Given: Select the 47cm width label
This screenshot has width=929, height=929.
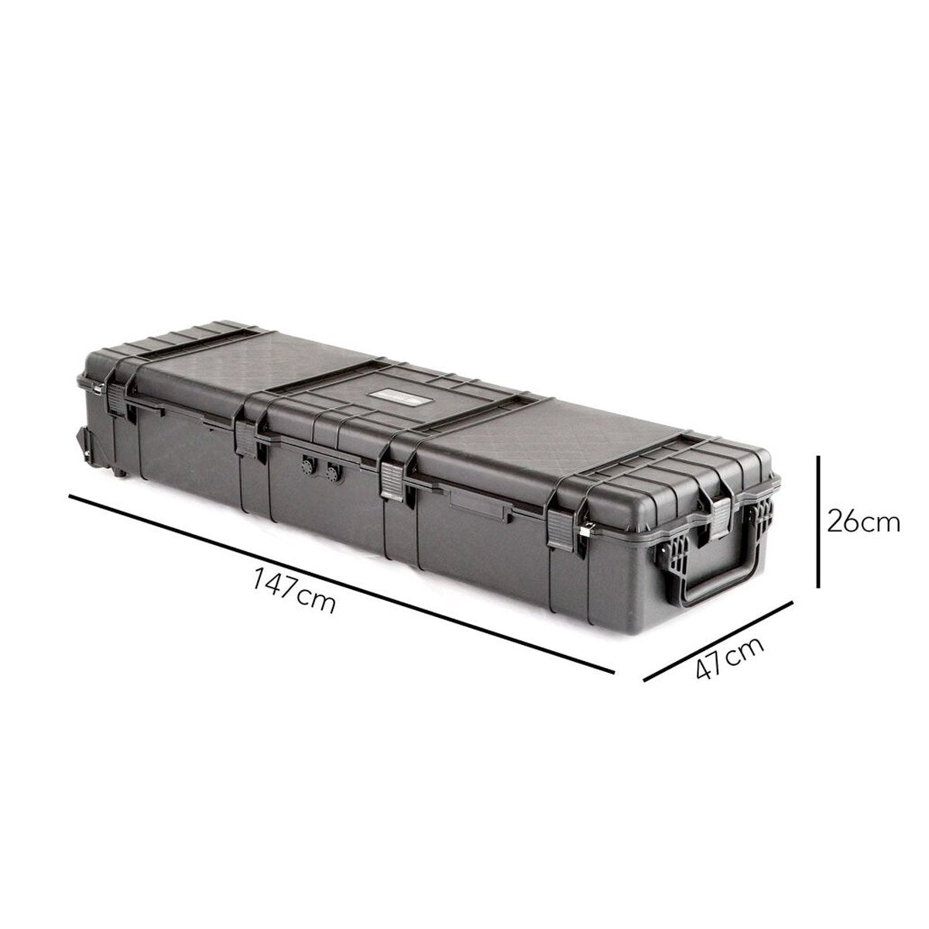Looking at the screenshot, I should coord(728,657).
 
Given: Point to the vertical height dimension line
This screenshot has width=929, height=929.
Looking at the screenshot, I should coord(818,522).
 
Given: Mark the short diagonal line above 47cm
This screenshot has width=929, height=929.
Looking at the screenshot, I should coord(718,641).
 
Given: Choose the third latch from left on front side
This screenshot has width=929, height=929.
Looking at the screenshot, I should coord(392,480).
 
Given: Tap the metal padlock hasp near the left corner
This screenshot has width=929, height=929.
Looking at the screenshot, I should coord(96,392).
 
